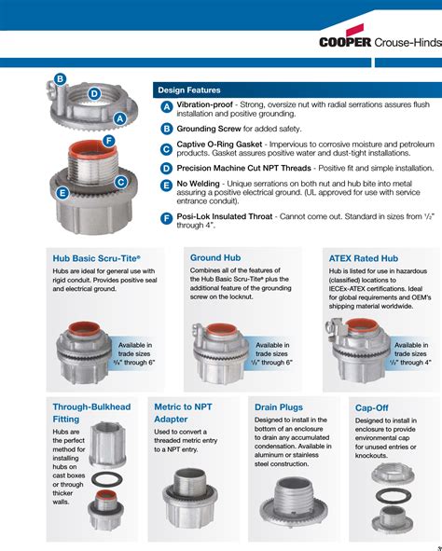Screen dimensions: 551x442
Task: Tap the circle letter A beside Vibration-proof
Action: pyautogui.click(x=166, y=109)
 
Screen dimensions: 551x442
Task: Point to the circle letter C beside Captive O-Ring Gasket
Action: pyautogui.click(x=166, y=148)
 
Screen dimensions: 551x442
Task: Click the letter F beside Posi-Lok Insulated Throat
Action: pyautogui.click(x=166, y=218)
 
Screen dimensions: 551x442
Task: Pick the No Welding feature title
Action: pyautogui.click(x=200, y=184)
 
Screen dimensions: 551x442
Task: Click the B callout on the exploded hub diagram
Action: pyautogui.click(x=59, y=79)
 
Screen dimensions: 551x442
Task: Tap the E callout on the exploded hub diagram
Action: pyautogui.click(x=62, y=193)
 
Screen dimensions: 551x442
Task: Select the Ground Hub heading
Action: pyautogui.click(x=215, y=257)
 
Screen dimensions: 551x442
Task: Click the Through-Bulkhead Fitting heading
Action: pyautogui.click(x=91, y=413)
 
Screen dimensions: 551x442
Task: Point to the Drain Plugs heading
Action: pyautogui.click(x=279, y=407)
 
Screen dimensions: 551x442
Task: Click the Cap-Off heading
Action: pyautogui.click(x=372, y=407)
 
